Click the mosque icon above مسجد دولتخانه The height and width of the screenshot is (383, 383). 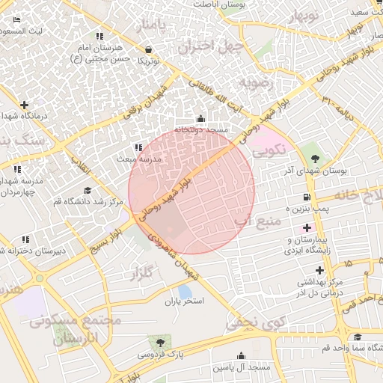[x=200, y=118]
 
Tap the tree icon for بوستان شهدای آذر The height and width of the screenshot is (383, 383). [x=315, y=159]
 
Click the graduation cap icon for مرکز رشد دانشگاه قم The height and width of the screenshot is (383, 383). [x=88, y=191]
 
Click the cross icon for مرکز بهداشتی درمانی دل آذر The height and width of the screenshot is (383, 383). [x=320, y=269]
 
